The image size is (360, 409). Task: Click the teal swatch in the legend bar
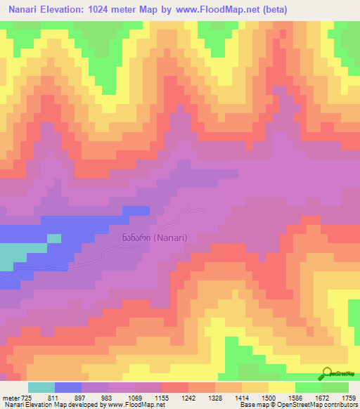[x=41, y=388]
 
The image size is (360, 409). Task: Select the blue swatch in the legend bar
[x=68, y=388]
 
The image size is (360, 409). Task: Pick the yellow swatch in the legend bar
[x=282, y=388]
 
